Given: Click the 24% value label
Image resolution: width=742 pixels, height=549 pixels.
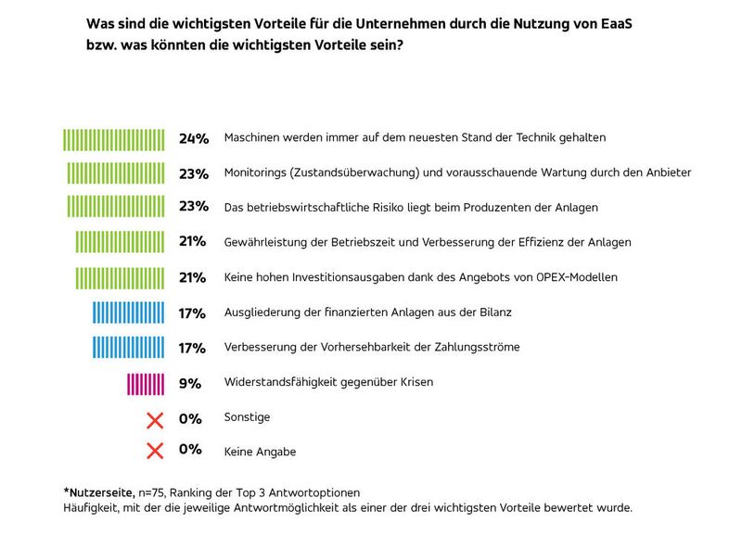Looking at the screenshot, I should point(193,138).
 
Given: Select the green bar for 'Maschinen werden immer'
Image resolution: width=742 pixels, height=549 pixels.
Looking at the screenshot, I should point(114,139).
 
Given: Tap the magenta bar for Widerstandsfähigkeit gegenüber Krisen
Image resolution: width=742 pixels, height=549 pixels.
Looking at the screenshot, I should point(146,383).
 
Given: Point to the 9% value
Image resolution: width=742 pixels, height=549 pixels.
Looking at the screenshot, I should point(190,383).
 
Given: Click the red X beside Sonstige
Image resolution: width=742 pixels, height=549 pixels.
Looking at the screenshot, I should point(155,419).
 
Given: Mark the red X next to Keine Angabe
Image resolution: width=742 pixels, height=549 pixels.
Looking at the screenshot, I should point(155,452).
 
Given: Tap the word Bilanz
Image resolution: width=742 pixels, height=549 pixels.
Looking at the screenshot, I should point(493,313).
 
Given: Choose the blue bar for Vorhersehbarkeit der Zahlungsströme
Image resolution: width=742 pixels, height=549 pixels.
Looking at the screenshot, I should point(129,348).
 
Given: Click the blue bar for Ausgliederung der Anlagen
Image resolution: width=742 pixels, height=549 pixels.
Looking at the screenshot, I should point(129,313).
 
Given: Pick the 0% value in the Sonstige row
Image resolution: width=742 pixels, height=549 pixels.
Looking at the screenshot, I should point(190,419).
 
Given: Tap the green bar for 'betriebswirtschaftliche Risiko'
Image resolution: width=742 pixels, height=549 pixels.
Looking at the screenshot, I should point(116,208).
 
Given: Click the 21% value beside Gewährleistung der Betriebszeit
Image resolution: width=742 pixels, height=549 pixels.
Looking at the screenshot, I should point(193,242).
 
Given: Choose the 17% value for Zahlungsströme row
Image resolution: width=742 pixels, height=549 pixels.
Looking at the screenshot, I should point(192,348).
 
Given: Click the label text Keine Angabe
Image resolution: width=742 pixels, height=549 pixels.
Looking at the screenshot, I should point(261,452).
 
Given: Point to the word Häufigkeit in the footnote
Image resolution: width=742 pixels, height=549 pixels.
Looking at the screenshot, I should point(92,507).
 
